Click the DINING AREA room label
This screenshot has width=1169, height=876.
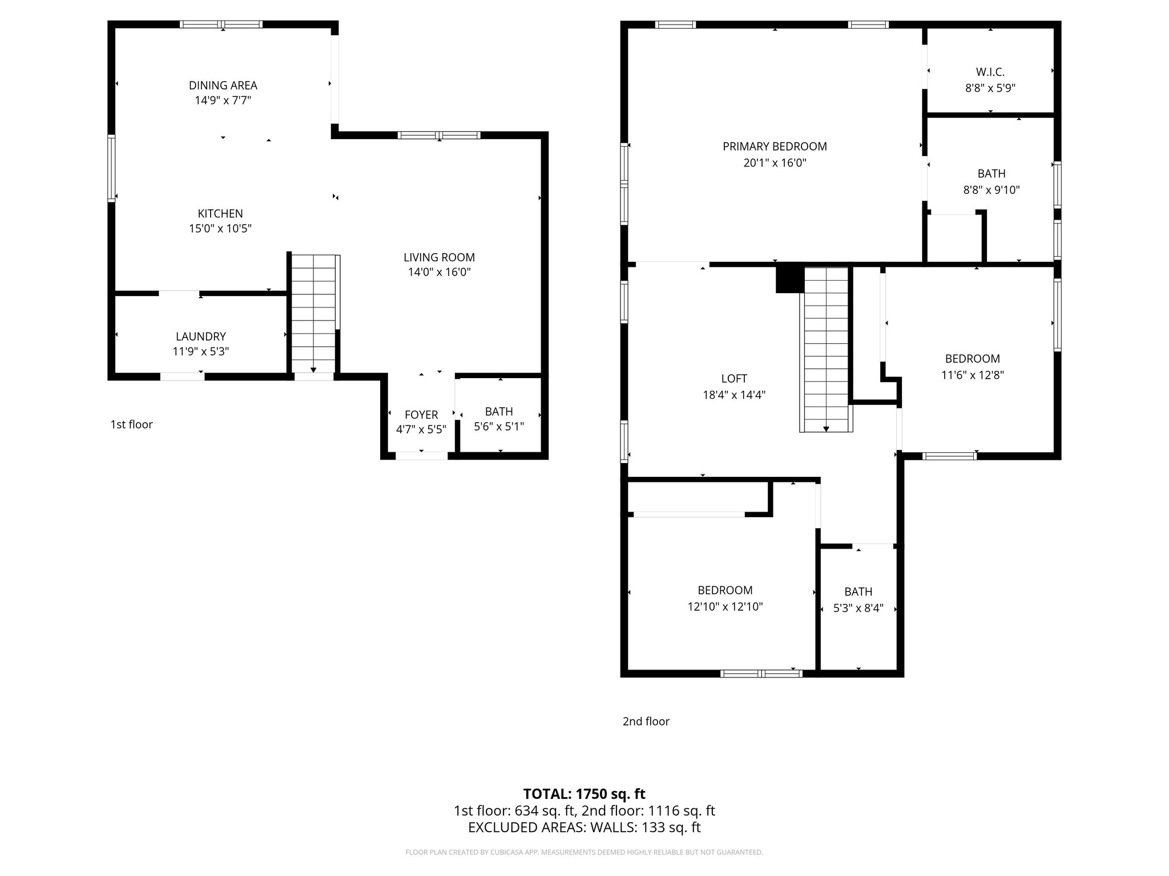pyautogui.click(x=223, y=86)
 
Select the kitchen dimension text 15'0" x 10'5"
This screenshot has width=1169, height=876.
pyautogui.click(x=220, y=229)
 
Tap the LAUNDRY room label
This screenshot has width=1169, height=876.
pyautogui.click(x=200, y=336)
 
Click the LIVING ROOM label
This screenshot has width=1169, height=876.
pyautogui.click(x=439, y=257)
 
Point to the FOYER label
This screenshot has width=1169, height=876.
pyautogui.click(x=421, y=415)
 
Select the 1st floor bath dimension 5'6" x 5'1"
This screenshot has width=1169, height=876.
pyautogui.click(x=499, y=426)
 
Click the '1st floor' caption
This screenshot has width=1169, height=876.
pyautogui.click(x=131, y=424)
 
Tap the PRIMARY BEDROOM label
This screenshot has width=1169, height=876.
pyautogui.click(x=775, y=147)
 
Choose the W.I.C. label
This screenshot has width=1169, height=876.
pyautogui.click(x=990, y=72)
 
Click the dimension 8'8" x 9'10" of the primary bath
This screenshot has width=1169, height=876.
pyautogui.click(x=991, y=190)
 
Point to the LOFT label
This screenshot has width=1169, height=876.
pyautogui.click(x=734, y=378)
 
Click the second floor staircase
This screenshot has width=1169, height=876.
pyautogui.click(x=826, y=348)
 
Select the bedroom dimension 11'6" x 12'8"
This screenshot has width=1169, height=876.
pyautogui.click(x=972, y=375)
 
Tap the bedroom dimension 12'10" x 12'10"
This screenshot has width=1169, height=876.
pyautogui.click(x=725, y=607)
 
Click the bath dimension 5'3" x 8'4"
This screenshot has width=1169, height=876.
pyautogui.click(x=858, y=608)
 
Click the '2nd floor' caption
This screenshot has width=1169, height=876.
pyautogui.click(x=646, y=721)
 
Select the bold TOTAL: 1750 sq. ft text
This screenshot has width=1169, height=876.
pyautogui.click(x=584, y=794)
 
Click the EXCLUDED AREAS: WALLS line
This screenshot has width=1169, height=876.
pyautogui.click(x=584, y=827)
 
